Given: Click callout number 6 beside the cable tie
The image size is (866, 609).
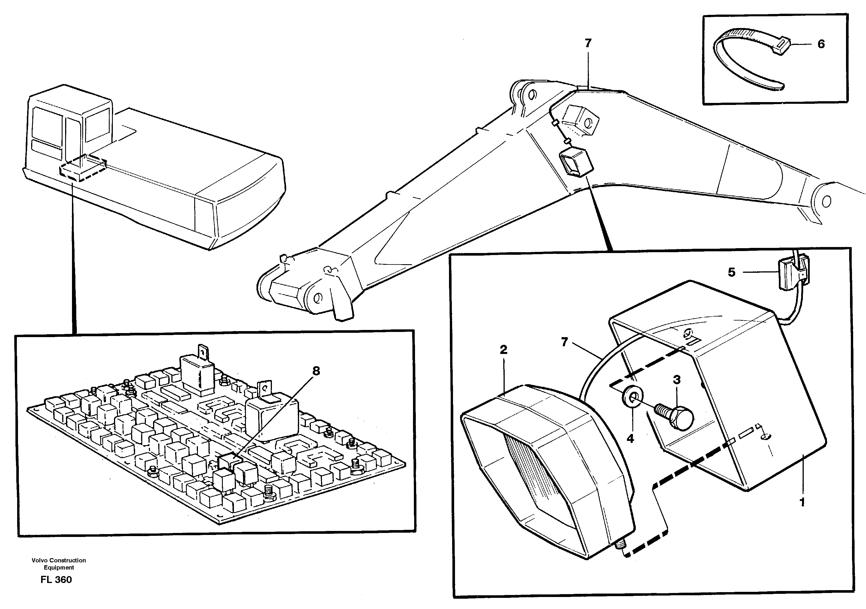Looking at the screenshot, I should point(821,44).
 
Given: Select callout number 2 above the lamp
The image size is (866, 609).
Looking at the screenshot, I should point(503,350).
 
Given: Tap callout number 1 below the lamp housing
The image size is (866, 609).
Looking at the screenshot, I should point(802,502).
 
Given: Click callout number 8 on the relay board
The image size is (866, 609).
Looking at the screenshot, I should point(316,371).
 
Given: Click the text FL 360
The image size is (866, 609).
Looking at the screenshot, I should point(56,580).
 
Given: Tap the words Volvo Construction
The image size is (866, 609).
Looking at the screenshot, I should point(59,560).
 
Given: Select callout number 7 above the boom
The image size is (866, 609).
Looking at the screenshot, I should point(588,43).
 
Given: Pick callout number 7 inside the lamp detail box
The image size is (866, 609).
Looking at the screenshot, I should point(564,342).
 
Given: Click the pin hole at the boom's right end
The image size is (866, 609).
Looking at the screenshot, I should point(826,201).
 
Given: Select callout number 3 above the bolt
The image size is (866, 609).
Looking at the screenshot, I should point(677,380).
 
